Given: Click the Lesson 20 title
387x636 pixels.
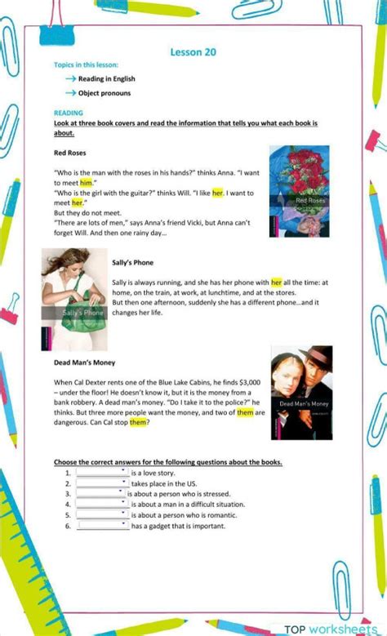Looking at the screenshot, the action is click(x=193, y=52).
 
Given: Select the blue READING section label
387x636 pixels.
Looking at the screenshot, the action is click(x=69, y=113).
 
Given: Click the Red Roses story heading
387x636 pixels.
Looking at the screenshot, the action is click(x=70, y=153).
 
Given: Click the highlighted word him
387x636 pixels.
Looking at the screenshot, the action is click(x=86, y=183).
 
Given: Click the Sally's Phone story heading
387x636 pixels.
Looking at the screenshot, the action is click(x=133, y=262).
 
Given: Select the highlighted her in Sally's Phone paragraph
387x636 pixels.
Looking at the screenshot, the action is click(x=277, y=282).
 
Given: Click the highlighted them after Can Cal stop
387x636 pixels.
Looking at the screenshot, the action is click(x=138, y=422).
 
